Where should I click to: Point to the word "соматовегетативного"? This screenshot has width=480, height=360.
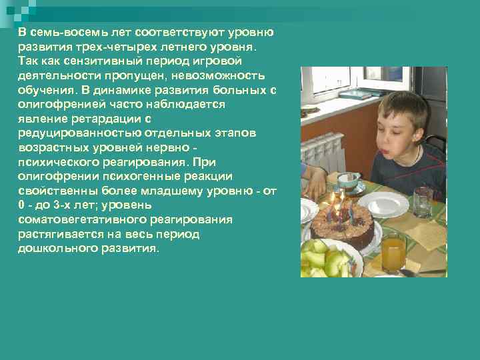tap(79, 220)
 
